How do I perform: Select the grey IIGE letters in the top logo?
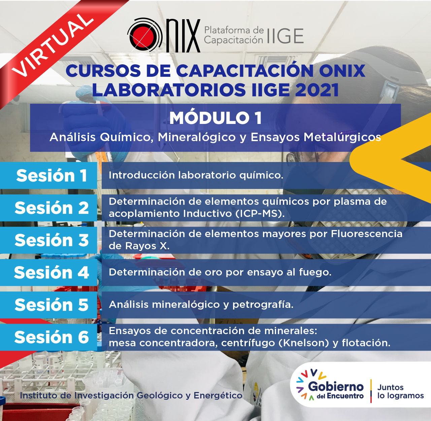click(285, 36)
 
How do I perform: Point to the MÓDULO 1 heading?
click(215, 118)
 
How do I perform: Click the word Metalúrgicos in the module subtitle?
click(342, 137)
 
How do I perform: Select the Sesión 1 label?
click(52, 175)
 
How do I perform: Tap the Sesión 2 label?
click(52, 208)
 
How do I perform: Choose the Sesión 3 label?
click(52, 240)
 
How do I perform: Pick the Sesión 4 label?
click(52, 272)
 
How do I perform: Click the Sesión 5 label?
click(52, 305)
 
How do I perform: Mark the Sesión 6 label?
click(52, 337)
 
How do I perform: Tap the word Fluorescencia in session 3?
click(367, 234)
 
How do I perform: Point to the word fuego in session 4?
click(315, 272)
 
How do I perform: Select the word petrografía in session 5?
click(263, 305)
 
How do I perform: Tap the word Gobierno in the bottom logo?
click(336, 387)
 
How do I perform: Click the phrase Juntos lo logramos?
click(400, 391)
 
